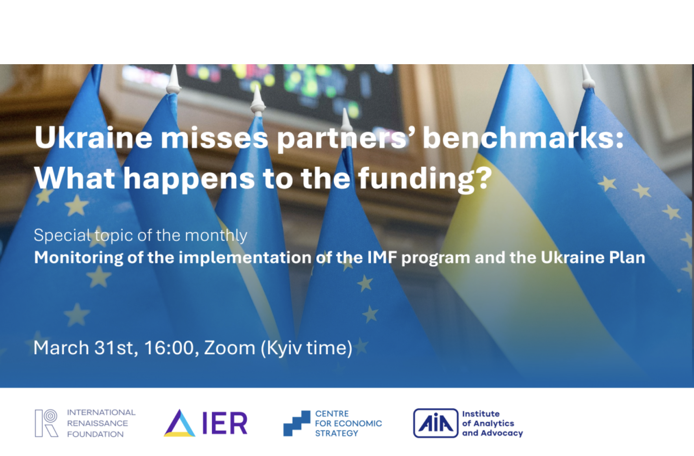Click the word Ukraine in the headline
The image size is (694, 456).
pyautogui.click(x=93, y=137)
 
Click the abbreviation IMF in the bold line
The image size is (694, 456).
pyautogui.click(x=382, y=258)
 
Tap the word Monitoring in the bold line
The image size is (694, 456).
pyautogui.click(x=78, y=258)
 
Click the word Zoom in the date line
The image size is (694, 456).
pyautogui.click(x=229, y=348)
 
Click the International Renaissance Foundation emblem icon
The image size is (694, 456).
pyautogui.click(x=46, y=423)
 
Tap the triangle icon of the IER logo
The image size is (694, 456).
pyautogui.click(x=179, y=424)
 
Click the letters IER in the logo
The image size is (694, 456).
pyautogui.click(x=225, y=423)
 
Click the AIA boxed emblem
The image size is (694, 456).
pyautogui.click(x=436, y=423)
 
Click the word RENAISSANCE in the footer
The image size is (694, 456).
pyautogui.click(x=97, y=423)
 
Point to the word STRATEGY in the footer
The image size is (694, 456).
pyautogui.click(x=336, y=433)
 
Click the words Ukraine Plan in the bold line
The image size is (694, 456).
pyautogui.click(x=593, y=258)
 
